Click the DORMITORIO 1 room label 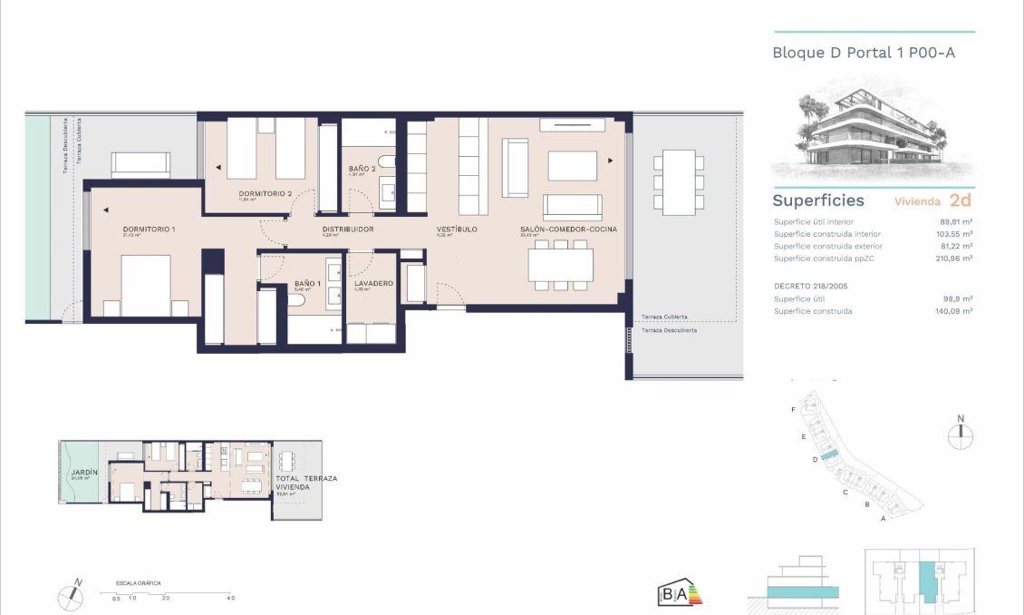(150, 229)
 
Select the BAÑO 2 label (362, 170)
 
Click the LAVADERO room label (373, 284)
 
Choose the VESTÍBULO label (456, 229)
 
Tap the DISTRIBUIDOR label (348, 229)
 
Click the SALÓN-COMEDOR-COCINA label (568, 229)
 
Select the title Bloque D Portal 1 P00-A (864, 53)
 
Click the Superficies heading (818, 200)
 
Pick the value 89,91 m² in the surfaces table (954, 221)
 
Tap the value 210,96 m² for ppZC (952, 259)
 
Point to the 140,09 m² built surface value (952, 311)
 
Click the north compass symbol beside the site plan (961, 433)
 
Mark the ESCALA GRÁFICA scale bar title (139, 583)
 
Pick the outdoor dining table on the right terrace (679, 181)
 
